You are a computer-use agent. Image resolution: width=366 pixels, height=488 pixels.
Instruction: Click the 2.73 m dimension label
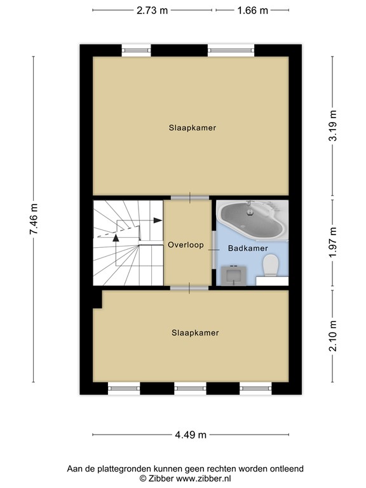[152, 11]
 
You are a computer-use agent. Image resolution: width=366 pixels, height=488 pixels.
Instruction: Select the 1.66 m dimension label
[253, 11]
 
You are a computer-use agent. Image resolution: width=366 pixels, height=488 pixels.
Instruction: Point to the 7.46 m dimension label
[34, 219]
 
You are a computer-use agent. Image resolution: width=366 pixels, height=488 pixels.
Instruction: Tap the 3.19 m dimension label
[333, 125]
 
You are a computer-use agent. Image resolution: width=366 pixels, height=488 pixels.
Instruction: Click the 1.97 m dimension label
[333, 243]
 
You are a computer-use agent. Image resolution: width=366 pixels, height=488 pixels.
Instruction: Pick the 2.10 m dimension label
[333, 335]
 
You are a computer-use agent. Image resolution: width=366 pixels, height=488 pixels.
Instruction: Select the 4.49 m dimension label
[191, 435]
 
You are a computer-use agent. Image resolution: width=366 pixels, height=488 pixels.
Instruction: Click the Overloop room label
[186, 245]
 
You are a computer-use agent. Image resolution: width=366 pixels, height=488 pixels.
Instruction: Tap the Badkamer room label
[248, 248]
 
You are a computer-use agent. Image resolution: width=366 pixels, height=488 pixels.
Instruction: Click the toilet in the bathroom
[270, 265]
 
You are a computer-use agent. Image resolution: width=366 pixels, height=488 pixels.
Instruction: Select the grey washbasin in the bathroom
[234, 275]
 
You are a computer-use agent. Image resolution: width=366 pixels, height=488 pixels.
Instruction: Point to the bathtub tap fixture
[249, 208]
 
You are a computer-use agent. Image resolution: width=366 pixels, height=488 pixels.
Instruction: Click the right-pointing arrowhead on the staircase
[158, 220]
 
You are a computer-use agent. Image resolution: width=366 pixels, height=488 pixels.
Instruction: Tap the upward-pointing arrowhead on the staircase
[116, 238]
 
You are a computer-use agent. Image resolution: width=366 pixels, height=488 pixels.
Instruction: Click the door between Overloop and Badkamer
[213, 250]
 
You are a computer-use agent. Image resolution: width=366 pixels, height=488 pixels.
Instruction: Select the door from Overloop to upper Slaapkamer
[190, 198]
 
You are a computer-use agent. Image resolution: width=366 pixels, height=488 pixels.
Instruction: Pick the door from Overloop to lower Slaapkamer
[189, 288]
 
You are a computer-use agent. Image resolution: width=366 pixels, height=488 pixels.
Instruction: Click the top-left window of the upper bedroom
[136, 50]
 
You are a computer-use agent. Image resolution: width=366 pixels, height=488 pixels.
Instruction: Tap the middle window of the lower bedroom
[190, 388]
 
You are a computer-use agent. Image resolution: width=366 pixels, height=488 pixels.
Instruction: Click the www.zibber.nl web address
[203, 478]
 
